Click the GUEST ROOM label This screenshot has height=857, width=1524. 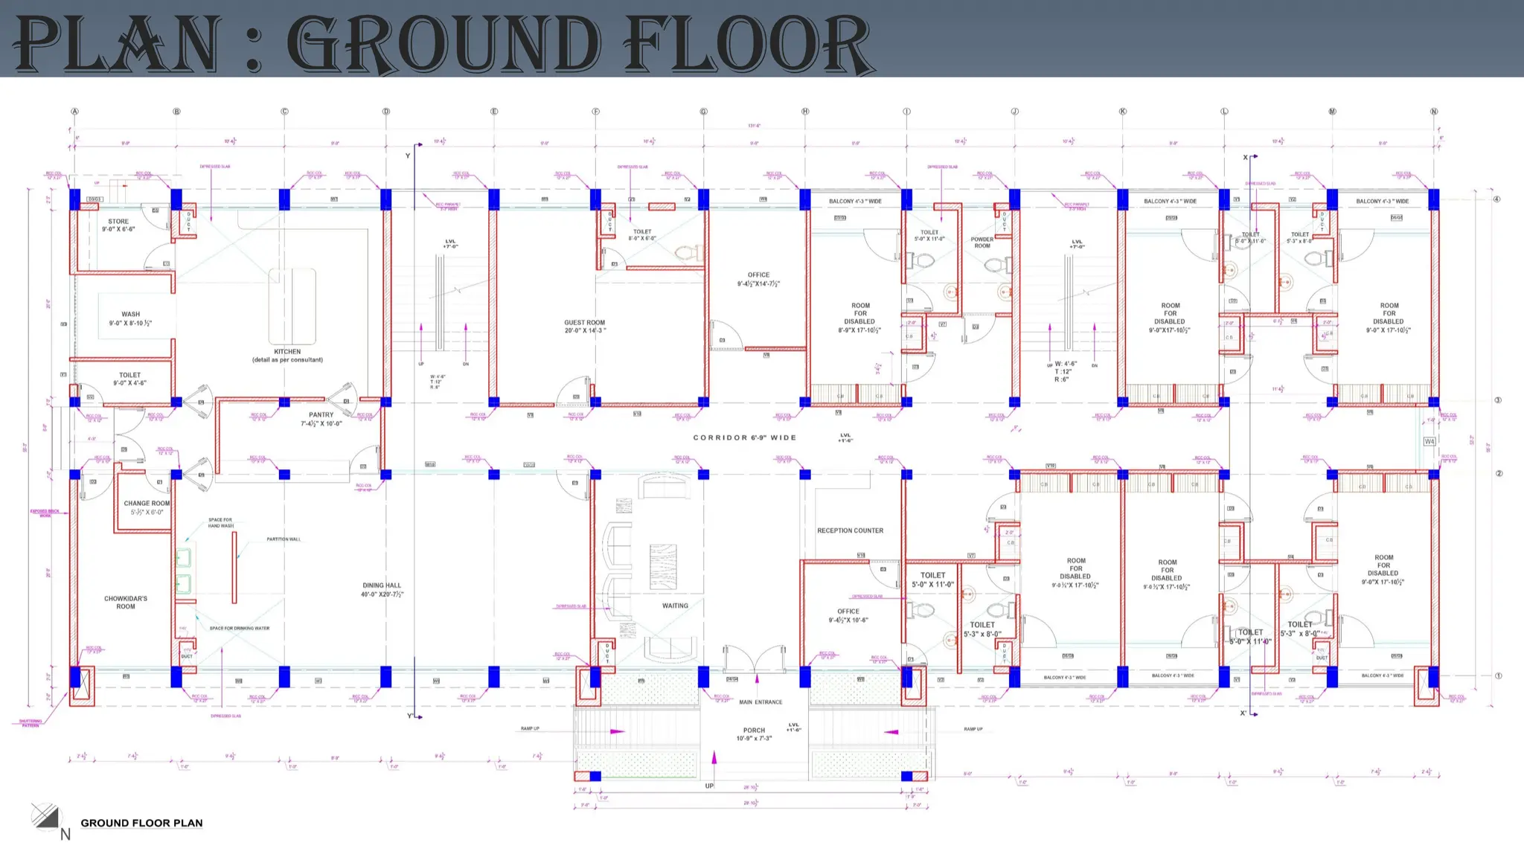[585, 323]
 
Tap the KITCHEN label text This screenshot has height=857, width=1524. [287, 352]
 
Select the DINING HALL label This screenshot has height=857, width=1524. [382, 585]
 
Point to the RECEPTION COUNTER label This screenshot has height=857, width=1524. [850, 530]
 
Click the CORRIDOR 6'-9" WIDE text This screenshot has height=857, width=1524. [744, 437]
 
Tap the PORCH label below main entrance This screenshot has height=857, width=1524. [754, 731]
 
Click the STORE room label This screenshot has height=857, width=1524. [118, 222]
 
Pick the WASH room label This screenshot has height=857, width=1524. [130, 315]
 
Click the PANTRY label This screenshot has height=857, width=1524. [321, 415]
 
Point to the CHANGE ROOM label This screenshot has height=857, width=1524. [147, 504]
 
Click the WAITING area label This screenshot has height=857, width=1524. [675, 606]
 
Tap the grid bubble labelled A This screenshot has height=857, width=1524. [74, 112]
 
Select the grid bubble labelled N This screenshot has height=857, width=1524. [1434, 112]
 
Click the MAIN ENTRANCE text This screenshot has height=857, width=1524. [761, 702]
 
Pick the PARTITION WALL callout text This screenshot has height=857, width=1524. [284, 539]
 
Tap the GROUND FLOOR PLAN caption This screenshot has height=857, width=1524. [141, 823]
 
